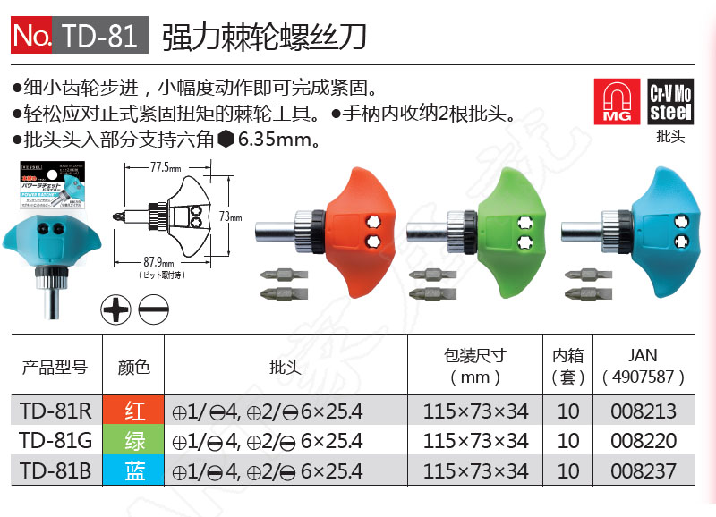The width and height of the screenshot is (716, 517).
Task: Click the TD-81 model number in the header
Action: coord(99,35)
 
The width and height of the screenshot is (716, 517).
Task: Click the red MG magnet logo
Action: coord(617,100)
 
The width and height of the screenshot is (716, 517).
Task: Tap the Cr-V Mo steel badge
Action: coord(670,100)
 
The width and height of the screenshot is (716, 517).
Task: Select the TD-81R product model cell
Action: coord(55,411)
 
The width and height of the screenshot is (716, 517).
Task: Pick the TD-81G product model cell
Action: coord(55,440)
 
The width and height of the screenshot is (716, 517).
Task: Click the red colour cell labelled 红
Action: coord(134,411)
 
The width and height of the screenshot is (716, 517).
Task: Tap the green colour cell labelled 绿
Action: coord(134,440)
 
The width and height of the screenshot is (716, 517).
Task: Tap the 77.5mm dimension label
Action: coord(165,167)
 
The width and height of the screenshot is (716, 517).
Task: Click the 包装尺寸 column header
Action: coord(475,354)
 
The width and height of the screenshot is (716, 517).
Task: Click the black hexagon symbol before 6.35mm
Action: coord(226,140)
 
